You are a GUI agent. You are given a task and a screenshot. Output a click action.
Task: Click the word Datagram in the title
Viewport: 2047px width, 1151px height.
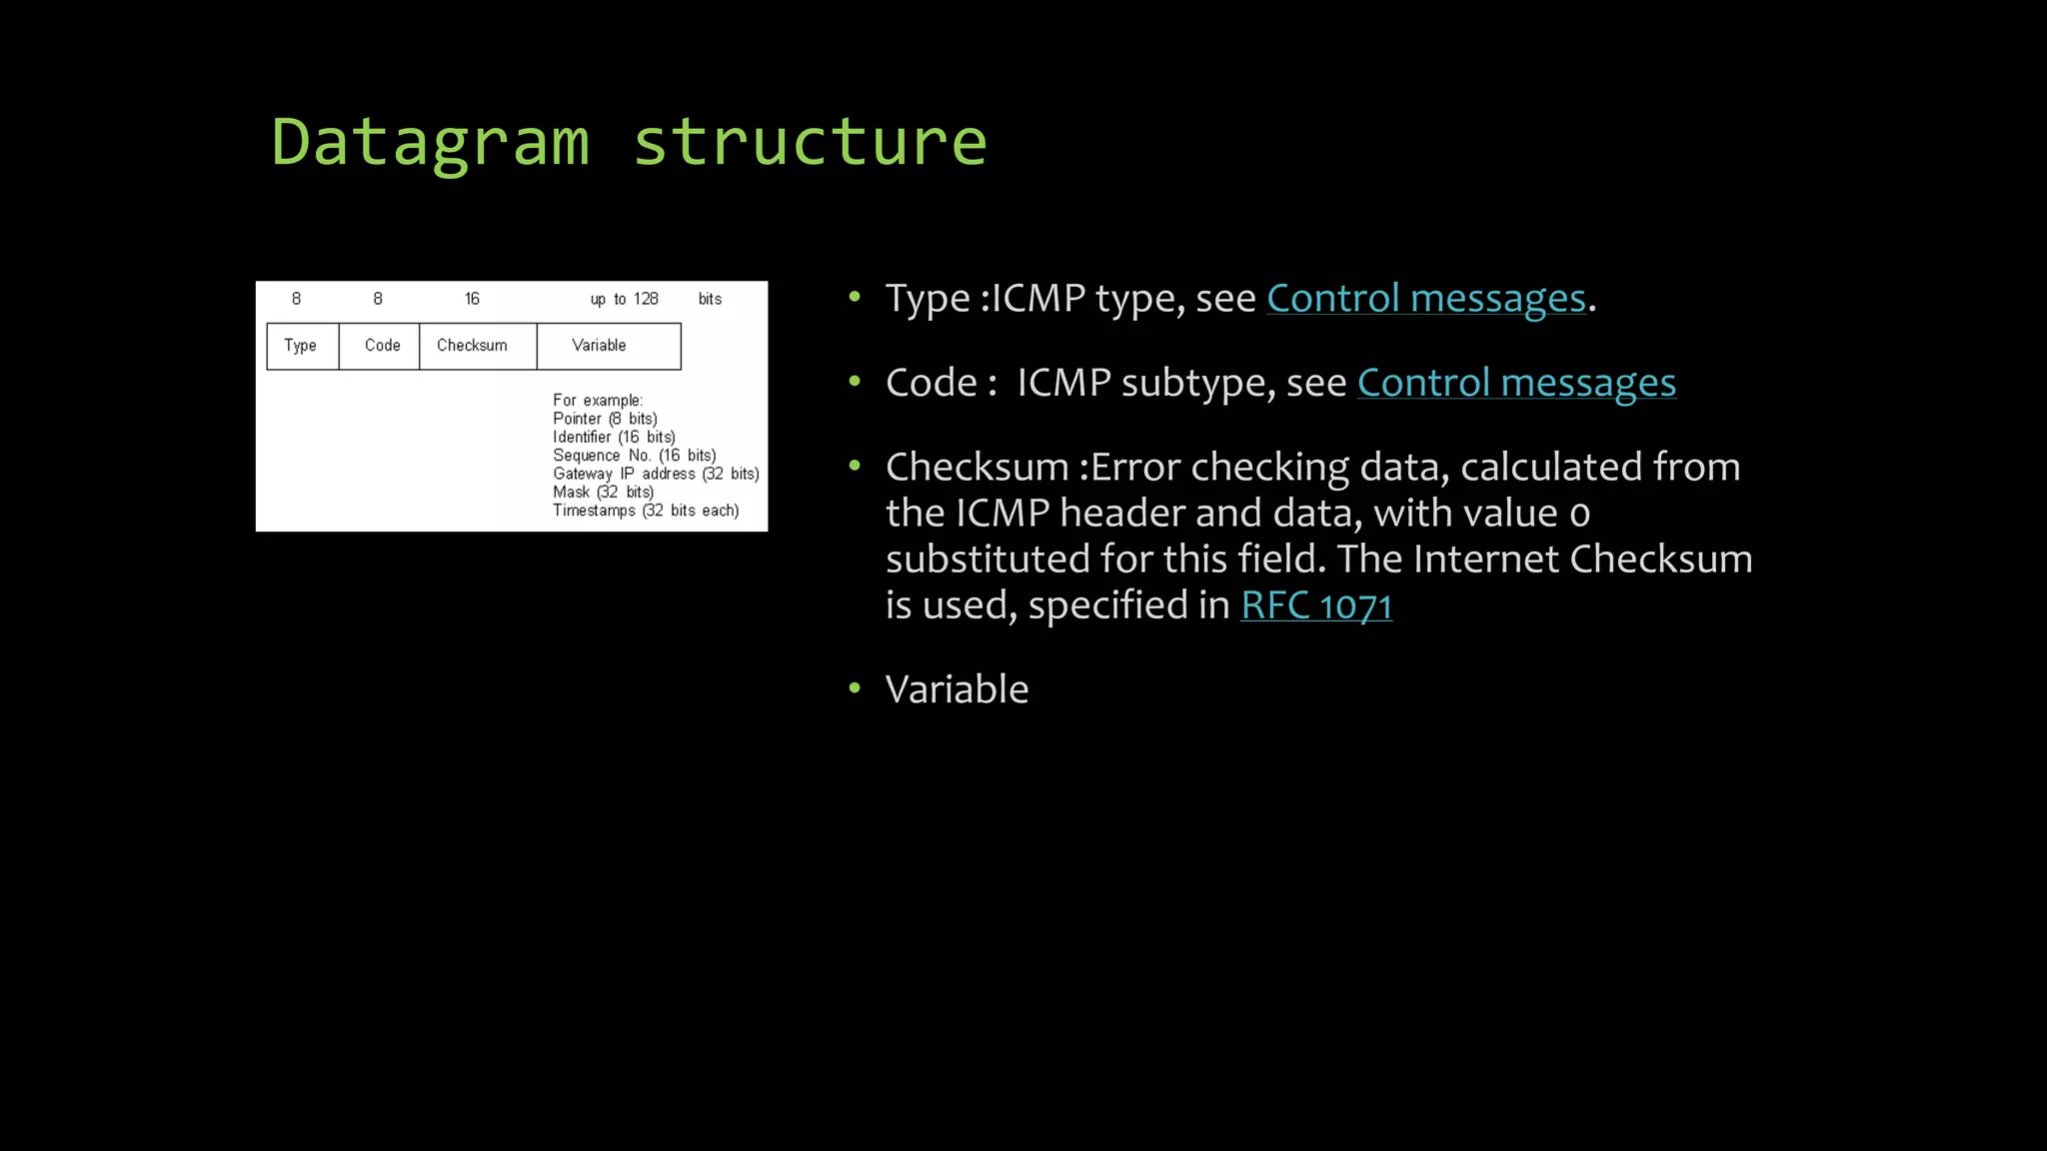coord(430,142)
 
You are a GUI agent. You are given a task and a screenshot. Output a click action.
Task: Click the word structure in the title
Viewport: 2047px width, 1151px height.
coord(810,142)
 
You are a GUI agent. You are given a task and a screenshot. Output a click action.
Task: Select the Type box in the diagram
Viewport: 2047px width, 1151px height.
coord(302,346)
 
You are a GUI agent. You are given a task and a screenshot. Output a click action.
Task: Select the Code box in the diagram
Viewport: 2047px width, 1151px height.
coord(380,346)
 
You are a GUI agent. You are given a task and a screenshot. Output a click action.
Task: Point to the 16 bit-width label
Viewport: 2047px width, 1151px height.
coord(472,299)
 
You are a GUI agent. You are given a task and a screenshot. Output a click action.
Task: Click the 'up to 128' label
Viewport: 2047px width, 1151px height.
coord(624,299)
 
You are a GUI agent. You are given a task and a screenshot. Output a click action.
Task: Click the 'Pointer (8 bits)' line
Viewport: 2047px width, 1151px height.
coord(604,419)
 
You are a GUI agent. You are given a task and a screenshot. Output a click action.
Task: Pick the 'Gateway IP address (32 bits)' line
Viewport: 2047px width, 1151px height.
coord(655,474)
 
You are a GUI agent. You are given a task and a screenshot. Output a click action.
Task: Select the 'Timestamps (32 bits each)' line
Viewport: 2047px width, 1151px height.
coord(645,511)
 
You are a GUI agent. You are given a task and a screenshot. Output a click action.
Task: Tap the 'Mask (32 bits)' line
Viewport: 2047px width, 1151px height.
coord(602,492)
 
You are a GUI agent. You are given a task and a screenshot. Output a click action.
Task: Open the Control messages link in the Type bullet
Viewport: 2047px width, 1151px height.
coord(1425,299)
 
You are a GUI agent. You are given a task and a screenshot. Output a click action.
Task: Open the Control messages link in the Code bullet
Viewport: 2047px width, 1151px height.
coord(1515,383)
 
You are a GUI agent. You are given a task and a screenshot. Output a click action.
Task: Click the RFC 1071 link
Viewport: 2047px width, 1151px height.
coord(1315,605)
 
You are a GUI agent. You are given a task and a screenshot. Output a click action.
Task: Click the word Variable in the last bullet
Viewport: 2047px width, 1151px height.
coord(956,689)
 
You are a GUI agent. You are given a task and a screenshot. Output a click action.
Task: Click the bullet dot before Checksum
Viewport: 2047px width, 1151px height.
coord(855,466)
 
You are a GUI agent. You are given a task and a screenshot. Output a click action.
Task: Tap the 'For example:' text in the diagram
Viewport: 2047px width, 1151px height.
coord(597,401)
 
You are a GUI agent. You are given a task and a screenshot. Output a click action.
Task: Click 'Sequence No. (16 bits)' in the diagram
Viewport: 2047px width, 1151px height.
coord(634,456)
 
